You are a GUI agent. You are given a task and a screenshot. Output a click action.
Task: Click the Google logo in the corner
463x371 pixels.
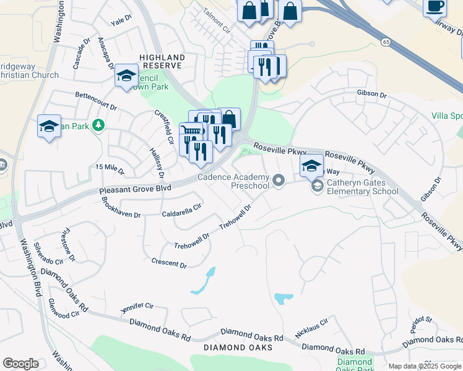coord(20,364)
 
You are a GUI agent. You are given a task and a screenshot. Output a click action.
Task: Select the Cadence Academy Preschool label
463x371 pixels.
coord(233,181)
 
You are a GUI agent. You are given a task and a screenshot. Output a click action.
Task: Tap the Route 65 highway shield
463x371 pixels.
coord(386,41)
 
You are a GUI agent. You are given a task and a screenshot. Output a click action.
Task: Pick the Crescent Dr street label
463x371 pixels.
coord(169,263)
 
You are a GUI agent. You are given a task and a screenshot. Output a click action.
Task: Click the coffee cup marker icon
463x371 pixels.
coord(435,6)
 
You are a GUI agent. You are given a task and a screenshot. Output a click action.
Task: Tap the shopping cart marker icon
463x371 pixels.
coord(191,131)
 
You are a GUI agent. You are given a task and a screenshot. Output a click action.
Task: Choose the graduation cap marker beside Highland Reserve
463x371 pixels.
coord(126,75)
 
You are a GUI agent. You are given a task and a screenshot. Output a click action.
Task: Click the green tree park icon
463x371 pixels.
coord(98,126)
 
